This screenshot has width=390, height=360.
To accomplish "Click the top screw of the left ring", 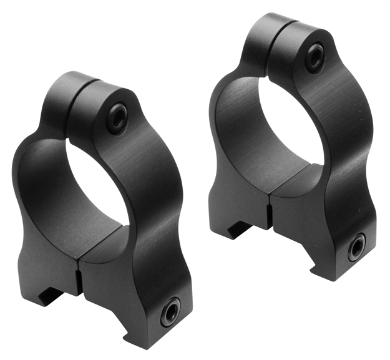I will pos(116,117).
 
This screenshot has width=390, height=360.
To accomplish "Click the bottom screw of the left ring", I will pos(170,311).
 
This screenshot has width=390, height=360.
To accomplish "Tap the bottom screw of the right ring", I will pos(358,248).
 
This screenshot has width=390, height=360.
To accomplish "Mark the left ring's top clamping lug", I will pos(94,100).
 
